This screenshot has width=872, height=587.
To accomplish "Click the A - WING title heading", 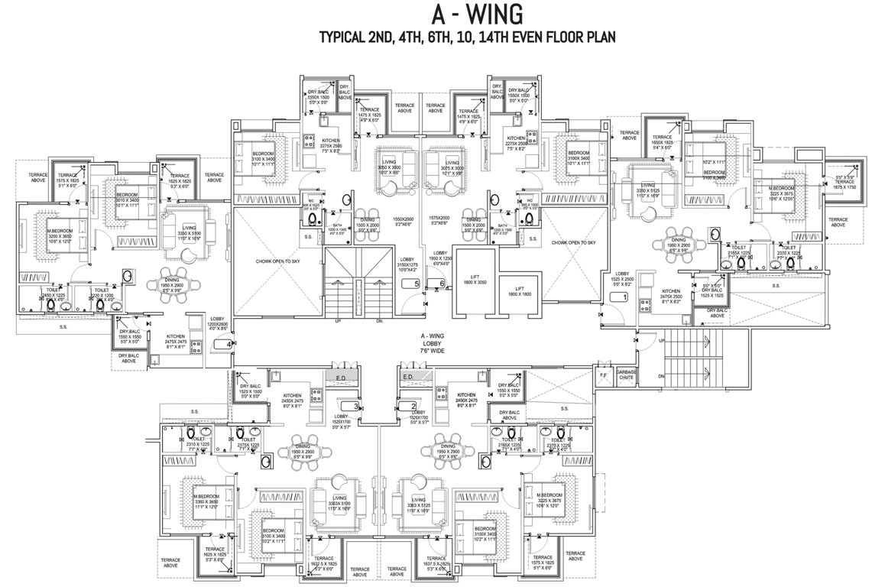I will tap(436, 13).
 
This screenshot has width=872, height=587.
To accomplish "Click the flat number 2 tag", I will tap(413, 406).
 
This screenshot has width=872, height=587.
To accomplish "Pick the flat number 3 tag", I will tap(356, 406).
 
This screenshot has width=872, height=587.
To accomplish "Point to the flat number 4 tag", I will tap(229, 345).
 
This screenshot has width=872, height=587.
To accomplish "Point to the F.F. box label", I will tap(603, 376).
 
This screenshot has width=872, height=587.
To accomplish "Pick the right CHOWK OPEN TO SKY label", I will tap(575, 242).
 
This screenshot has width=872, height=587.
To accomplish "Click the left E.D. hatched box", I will tap(340, 377).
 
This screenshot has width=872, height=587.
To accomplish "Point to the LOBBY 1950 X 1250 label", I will tap(439, 258).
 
